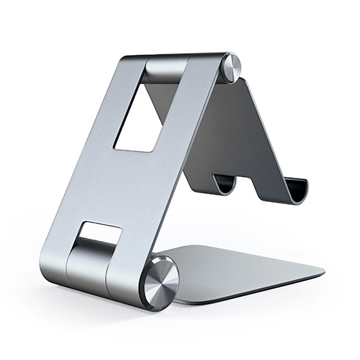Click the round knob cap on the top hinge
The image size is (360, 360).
230,67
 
